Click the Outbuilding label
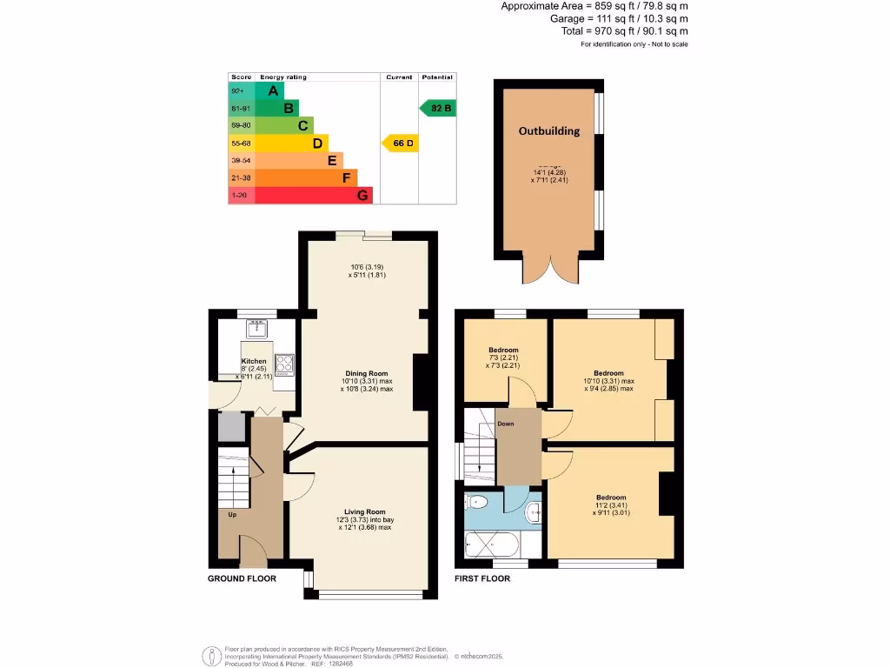(x=548, y=131)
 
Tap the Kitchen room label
(x=254, y=361)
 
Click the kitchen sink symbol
(x=256, y=329)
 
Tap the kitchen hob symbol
(x=285, y=364)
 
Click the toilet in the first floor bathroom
(x=478, y=502)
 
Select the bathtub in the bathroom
(x=493, y=545)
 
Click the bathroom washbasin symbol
(x=534, y=510)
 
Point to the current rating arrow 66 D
(x=400, y=143)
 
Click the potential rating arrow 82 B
(x=437, y=108)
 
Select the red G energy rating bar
(x=301, y=196)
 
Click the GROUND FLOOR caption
(x=242, y=578)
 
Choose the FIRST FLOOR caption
(x=482, y=578)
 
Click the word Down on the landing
(x=505, y=424)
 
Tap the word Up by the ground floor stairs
(x=232, y=515)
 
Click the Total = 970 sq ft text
(x=624, y=30)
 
